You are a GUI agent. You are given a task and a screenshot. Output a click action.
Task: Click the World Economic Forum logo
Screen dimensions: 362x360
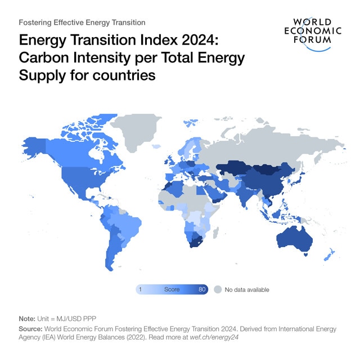[313, 34]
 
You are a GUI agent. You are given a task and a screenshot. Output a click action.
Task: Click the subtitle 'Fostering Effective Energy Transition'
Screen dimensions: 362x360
[82, 23]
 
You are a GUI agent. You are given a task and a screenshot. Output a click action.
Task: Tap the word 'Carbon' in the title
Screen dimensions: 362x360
[43, 58]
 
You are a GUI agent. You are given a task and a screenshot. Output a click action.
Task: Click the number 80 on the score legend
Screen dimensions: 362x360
[202, 289]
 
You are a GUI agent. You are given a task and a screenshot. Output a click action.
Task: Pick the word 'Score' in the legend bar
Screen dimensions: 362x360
[172, 289]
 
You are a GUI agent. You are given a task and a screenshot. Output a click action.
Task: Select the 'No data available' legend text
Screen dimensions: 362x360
[247, 289]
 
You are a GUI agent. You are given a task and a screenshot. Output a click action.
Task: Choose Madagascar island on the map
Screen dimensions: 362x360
[215, 231]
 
